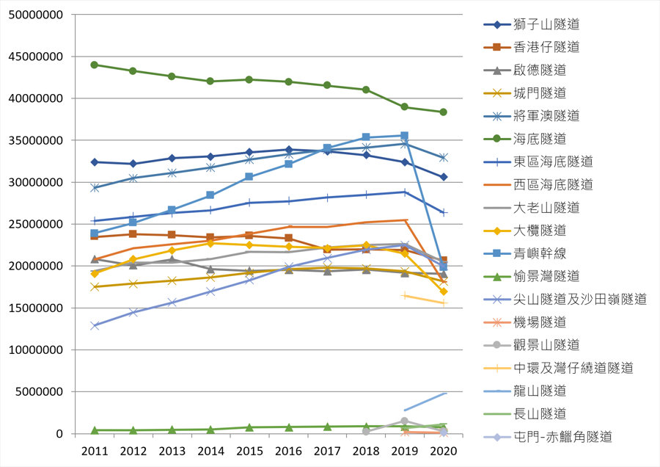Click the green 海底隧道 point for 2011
(x=94, y=65)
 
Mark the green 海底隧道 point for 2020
(x=443, y=112)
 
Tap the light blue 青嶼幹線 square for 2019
(x=404, y=136)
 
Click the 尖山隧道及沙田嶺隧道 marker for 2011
(x=94, y=325)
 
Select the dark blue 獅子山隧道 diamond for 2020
(x=443, y=177)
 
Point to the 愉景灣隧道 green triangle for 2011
(x=94, y=430)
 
